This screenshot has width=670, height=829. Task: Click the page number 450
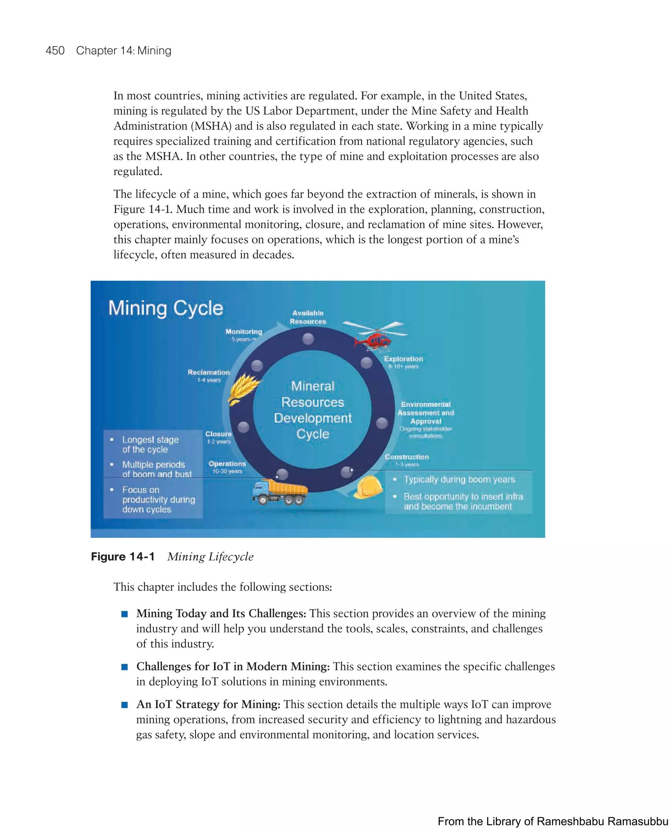[55, 51]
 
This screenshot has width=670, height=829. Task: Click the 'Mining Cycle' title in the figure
[166, 309]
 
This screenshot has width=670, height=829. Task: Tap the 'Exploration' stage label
[403, 359]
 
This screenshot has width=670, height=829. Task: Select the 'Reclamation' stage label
[208, 372]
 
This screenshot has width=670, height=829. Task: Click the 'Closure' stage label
[219, 434]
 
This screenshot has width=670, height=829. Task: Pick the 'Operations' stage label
[227, 464]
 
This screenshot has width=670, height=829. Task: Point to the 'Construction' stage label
[407, 457]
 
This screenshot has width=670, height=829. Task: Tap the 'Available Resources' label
[308, 317]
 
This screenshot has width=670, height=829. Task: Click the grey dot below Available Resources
[308, 339]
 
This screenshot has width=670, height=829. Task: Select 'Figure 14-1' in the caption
[123, 556]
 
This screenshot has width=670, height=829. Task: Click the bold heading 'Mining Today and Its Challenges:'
[221, 613]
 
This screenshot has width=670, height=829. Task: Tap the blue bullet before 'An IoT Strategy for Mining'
[124, 705]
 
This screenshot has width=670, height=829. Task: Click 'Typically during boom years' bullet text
[459, 479]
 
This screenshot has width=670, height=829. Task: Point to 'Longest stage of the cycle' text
[150, 445]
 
